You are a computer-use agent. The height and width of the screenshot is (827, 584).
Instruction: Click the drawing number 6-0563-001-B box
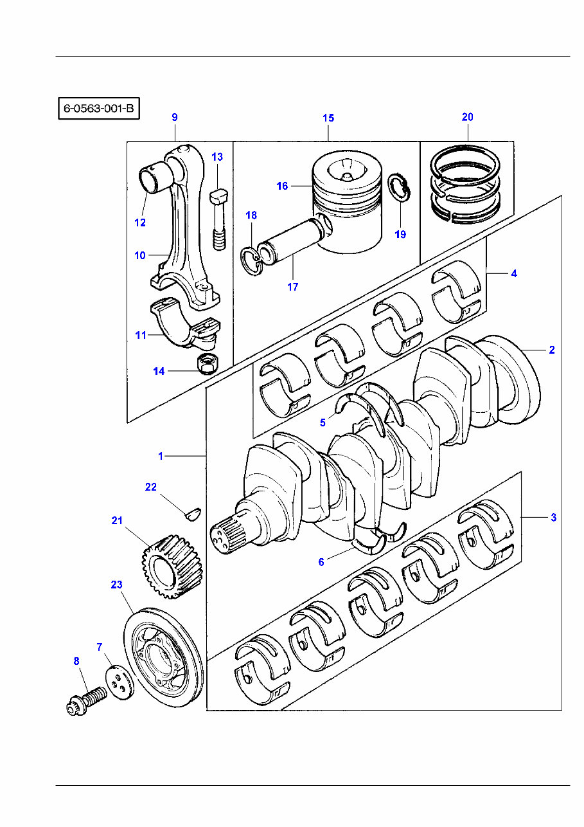[99, 109]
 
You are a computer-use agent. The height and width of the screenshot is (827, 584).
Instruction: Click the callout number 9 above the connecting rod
[174, 118]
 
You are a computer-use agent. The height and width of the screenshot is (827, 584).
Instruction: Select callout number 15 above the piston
[328, 118]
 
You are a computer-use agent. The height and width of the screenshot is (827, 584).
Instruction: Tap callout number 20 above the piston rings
[468, 117]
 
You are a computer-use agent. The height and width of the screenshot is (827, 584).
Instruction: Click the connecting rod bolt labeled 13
[218, 219]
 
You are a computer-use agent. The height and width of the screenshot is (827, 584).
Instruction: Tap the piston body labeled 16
[347, 206]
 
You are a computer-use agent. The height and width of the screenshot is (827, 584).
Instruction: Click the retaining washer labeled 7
[119, 682]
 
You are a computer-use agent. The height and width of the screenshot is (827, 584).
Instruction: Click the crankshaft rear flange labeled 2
[514, 383]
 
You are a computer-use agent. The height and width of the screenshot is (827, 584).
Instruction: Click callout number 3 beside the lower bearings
[553, 517]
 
